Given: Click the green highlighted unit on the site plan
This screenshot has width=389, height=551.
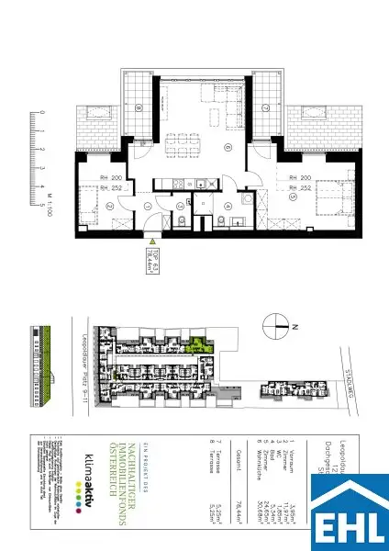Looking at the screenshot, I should click(x=195, y=346).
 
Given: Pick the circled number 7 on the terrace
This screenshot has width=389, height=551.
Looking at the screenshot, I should click(x=264, y=107).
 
